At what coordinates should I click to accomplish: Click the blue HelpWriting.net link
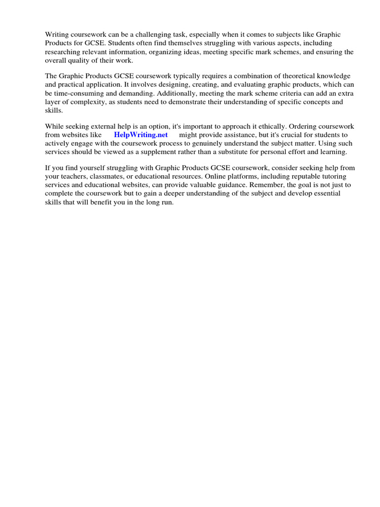click(x=141, y=135)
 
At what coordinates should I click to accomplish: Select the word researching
click(x=64, y=51)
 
